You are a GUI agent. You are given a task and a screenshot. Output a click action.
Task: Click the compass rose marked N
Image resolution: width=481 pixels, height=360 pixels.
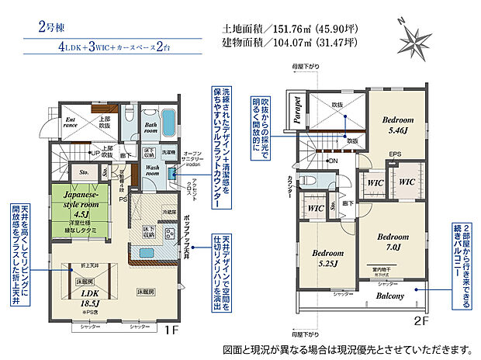pos(416,38)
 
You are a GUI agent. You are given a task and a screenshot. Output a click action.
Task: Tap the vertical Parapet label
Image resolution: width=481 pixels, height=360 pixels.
pos(297,111)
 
